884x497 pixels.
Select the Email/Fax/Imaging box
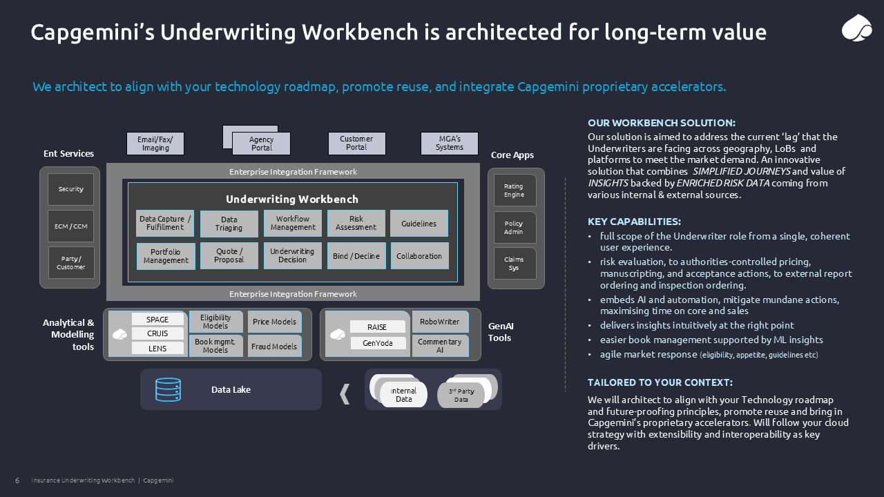pos(155,144)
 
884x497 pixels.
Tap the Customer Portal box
pos(356,144)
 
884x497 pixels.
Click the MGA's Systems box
pos(449,144)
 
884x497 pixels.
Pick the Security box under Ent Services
pos(70,189)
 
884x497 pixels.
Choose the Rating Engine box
pos(514,191)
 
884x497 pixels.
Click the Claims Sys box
pos(514,264)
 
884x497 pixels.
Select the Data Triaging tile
pos(229,224)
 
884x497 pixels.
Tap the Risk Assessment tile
pos(356,224)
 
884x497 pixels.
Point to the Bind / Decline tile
pos(356,256)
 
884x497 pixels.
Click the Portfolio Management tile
pos(166,256)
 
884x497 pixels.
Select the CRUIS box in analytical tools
pos(157,333)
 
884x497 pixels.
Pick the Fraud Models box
pos(274,347)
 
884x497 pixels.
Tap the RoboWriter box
pos(440,322)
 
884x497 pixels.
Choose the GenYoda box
pos(377,343)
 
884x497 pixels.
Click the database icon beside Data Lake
pos(169,390)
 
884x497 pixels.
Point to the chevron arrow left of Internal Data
pos(345,394)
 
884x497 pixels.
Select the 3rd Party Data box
pos(461,396)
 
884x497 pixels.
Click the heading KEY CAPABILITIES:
pos(634,222)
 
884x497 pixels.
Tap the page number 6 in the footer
pos(17,480)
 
